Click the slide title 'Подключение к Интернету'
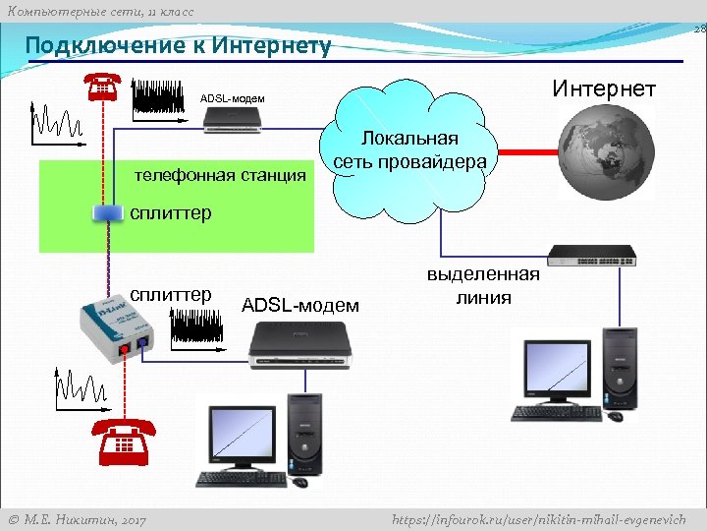point(178,45)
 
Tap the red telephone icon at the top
point(103,87)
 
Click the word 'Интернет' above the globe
point(603,89)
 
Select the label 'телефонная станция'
point(220,176)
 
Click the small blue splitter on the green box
point(104,212)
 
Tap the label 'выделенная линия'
point(482,285)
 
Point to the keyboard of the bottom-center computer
point(240,479)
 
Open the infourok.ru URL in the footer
point(538,519)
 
